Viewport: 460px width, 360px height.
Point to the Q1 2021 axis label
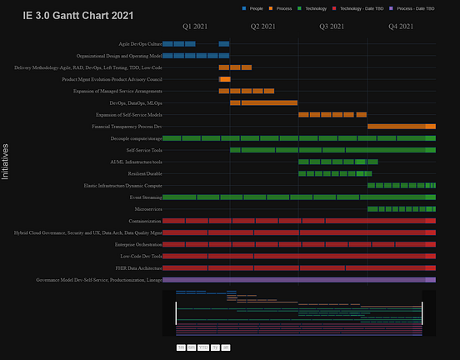pyautogui.click(x=195, y=27)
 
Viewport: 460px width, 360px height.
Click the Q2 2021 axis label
pyautogui.click(x=264, y=27)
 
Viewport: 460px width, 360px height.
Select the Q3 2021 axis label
pyautogui.click(x=332, y=27)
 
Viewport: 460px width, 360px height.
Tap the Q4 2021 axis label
pyautogui.click(x=401, y=27)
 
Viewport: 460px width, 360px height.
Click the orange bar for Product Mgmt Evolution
pyautogui.click(x=225, y=79)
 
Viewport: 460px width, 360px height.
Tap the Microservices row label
pyautogui.click(x=147, y=209)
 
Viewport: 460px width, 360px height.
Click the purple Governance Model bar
pyautogui.click(x=298, y=280)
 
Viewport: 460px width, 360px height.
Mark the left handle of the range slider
pyautogui.click(x=176, y=312)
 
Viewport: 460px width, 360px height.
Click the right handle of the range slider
pyautogui.click(x=422, y=312)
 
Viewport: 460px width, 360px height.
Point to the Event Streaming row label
pyautogui.click(x=146, y=197)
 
